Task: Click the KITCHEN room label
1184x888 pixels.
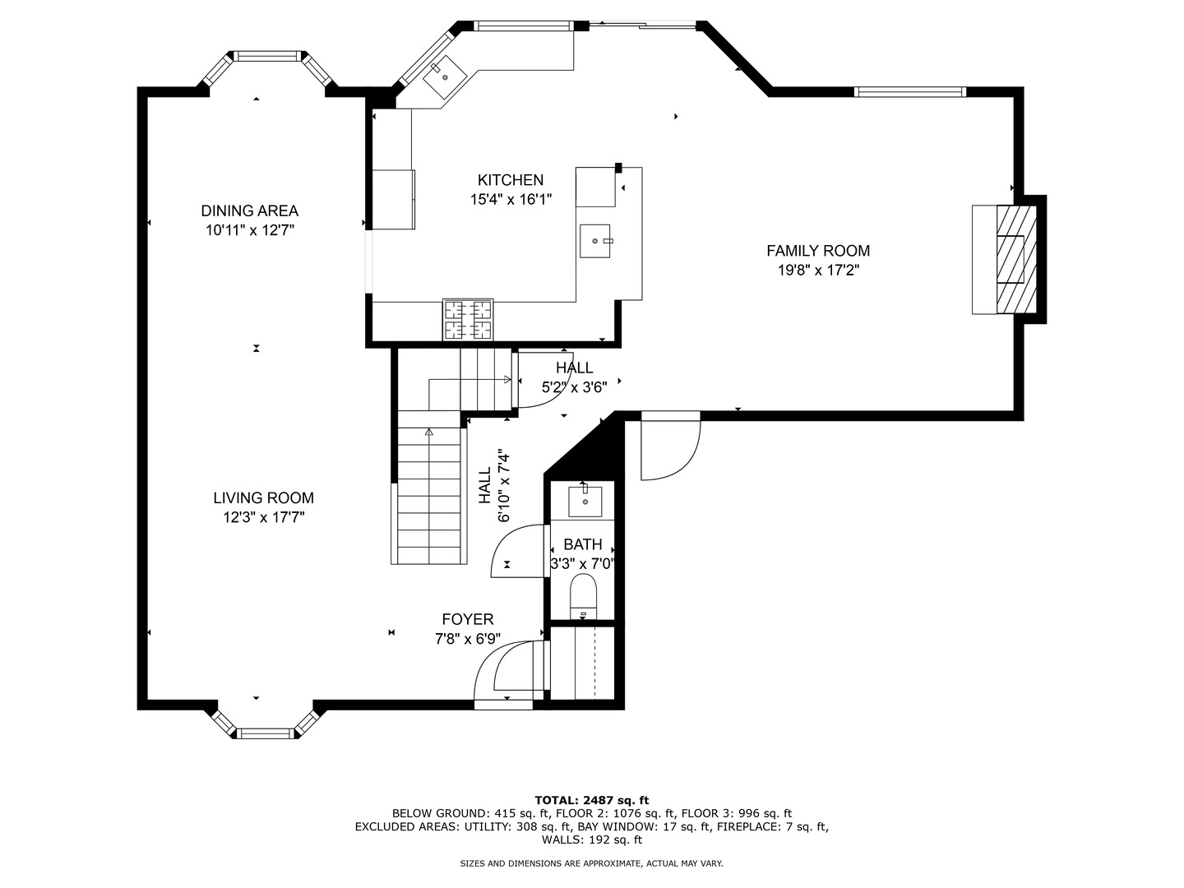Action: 511,180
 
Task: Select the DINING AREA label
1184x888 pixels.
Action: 249,211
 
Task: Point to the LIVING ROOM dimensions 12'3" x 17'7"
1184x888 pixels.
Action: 263,517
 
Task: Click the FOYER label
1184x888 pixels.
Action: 467,620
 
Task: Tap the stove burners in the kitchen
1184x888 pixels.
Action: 468,320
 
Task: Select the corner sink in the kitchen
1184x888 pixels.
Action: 445,76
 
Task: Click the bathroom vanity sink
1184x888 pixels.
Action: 585,501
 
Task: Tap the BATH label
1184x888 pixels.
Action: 582,544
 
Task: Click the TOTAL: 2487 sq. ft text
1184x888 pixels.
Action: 591,799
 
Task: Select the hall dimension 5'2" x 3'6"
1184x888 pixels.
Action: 574,387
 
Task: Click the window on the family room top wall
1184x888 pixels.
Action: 909,91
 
